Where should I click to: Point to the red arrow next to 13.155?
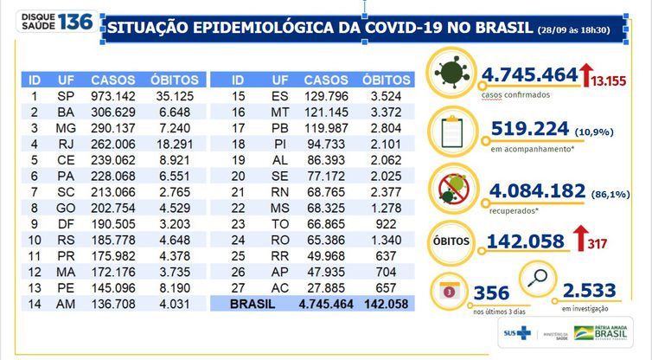click(585, 76)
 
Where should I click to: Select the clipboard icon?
click(451, 132)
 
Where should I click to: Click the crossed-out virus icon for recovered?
click(451, 185)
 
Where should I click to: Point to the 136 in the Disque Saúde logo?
click(76, 21)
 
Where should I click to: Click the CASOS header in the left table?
click(112, 79)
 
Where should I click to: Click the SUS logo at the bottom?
click(515, 332)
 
